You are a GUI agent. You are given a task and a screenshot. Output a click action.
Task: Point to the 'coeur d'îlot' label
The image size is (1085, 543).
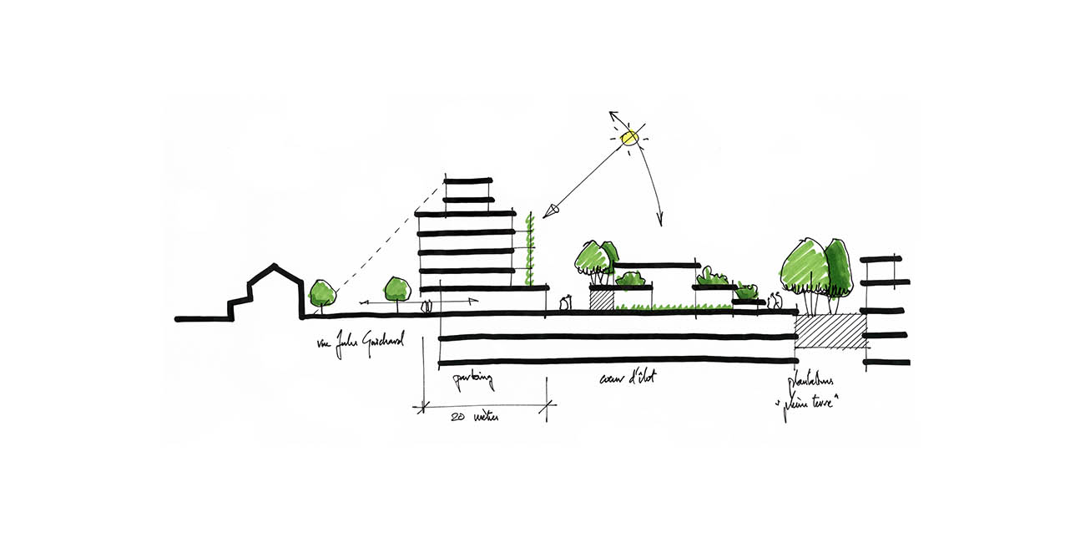tap(628, 378)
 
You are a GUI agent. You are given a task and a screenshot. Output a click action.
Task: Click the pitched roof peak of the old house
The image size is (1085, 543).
tap(272, 267)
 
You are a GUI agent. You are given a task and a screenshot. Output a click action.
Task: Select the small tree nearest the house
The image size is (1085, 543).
tap(322, 293)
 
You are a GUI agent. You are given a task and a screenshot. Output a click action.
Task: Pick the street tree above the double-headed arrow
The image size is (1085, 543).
tap(396, 288)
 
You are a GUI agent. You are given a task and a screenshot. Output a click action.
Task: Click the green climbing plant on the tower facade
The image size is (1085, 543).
tap(529, 250)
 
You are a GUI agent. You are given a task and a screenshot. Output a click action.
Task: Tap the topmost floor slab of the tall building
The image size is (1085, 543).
tap(468, 181)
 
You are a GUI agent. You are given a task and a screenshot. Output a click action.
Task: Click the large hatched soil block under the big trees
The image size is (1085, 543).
tap(830, 332)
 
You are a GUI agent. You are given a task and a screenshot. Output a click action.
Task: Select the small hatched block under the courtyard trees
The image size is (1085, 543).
tap(602, 299)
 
